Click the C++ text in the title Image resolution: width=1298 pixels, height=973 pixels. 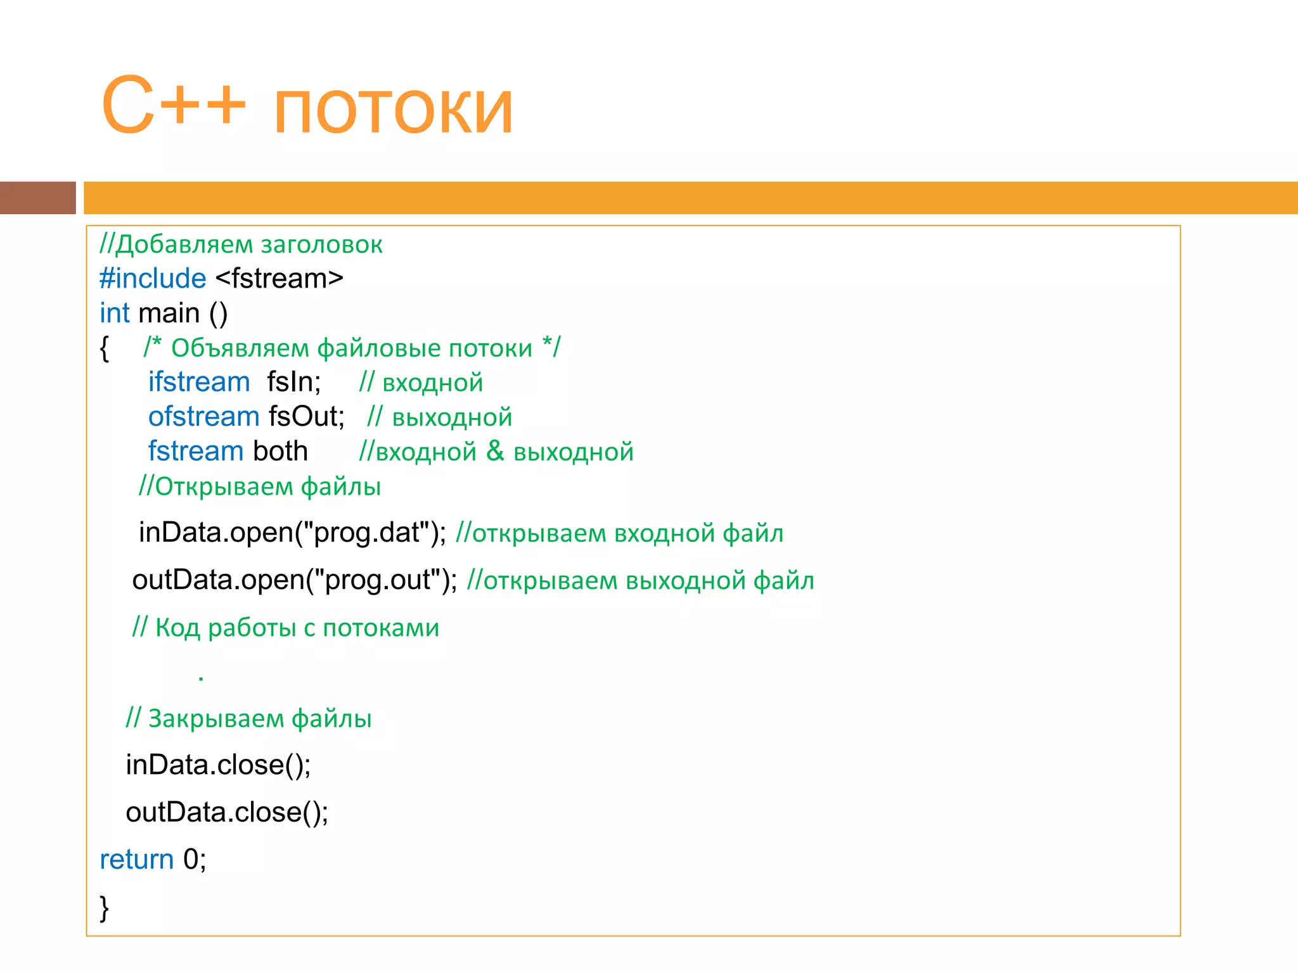tap(173, 105)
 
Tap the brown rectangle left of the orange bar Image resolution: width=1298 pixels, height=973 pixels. tap(37, 198)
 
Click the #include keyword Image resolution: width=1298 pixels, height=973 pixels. tap(153, 279)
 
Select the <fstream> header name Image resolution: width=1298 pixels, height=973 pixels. tap(280, 279)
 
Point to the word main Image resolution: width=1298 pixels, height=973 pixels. tap(169, 314)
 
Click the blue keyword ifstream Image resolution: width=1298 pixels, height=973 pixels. tap(199, 382)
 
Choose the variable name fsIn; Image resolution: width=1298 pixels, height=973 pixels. tap(294, 382)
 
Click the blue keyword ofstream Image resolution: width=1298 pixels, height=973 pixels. tap(203, 417)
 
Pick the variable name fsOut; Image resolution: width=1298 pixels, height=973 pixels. tap(307, 417)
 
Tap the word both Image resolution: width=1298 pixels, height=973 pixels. tap(280, 451)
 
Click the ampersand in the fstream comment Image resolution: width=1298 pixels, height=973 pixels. tap(495, 451)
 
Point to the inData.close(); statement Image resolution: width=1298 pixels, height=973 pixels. tap(218, 765)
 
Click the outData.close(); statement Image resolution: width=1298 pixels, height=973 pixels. tap(227, 813)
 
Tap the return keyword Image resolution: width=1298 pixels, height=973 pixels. tap(136, 860)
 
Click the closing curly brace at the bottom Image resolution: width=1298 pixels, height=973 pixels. tap(105, 907)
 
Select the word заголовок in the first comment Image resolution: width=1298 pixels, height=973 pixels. tap(321, 245)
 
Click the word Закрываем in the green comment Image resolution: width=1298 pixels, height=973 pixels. tap(215, 719)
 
